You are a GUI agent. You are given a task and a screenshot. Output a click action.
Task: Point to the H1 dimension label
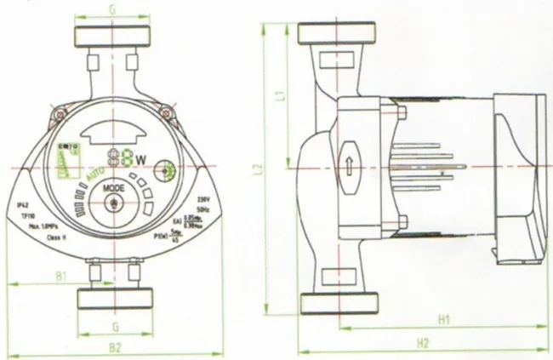click(443, 319)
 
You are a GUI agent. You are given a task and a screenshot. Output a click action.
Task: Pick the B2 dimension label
click(116, 346)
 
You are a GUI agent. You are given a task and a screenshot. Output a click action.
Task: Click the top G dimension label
click(114, 9)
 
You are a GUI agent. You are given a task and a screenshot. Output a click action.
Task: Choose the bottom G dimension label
click(114, 325)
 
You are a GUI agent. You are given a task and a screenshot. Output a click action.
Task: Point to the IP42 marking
click(26, 205)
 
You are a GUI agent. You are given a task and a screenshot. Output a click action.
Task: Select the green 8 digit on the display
click(125, 159)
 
